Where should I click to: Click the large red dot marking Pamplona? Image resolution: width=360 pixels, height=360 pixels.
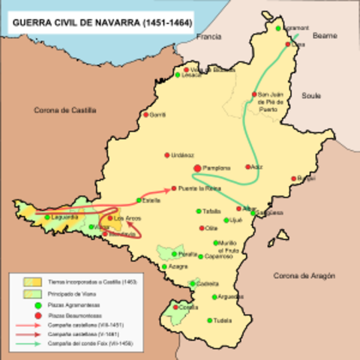(x=197, y=169)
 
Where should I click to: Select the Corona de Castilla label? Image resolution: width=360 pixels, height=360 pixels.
(x=65, y=109)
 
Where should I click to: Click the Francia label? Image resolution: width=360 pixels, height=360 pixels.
(x=209, y=37)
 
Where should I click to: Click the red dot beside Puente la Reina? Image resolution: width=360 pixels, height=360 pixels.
(x=174, y=187)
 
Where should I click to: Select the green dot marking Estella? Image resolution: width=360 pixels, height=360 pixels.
(x=139, y=200)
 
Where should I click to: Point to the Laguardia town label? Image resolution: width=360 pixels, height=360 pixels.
(x=64, y=217)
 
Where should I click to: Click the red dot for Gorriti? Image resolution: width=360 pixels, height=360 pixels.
(x=145, y=115)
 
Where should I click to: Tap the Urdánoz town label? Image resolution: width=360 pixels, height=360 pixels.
(x=182, y=155)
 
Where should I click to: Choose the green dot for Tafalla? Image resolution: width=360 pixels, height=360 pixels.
(x=200, y=211)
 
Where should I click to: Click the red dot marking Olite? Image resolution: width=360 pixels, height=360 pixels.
(x=202, y=228)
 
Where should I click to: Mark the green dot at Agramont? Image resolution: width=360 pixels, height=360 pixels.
(x=278, y=28)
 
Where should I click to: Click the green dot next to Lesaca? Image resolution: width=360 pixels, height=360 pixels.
(x=178, y=75)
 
